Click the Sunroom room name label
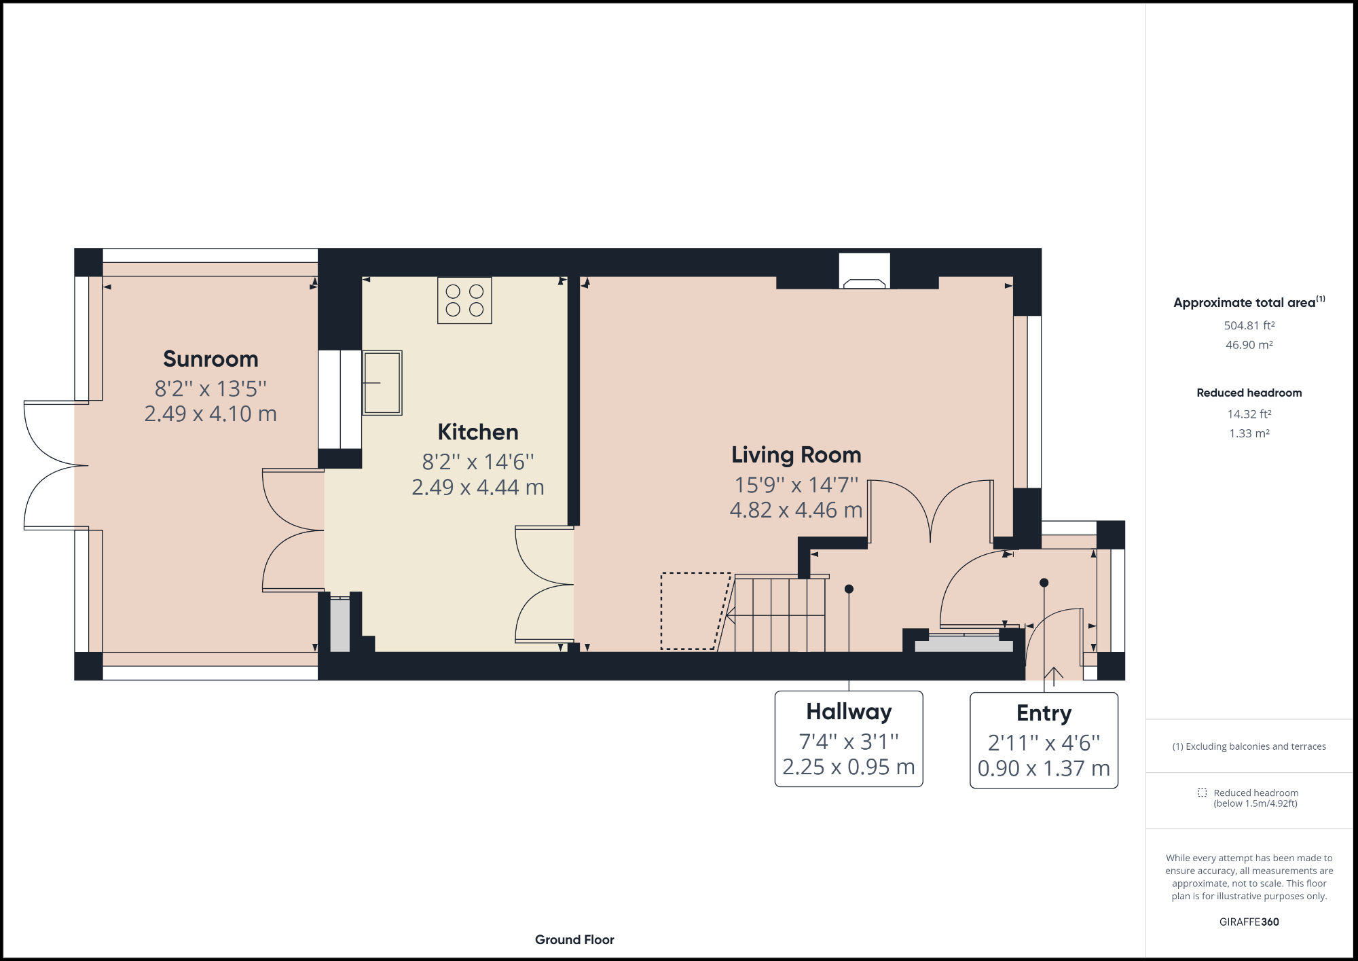click(x=210, y=359)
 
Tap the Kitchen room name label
click(x=478, y=432)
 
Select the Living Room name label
click(x=796, y=454)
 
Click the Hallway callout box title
click(x=849, y=711)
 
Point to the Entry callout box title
click(x=1044, y=712)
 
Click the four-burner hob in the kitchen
click(x=464, y=300)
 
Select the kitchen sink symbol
click(x=382, y=382)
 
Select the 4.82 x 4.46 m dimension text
click(x=796, y=510)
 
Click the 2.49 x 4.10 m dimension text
click(x=210, y=414)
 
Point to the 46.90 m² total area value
click(x=1249, y=344)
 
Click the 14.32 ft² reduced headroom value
click(x=1249, y=414)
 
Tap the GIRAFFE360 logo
click(x=1249, y=922)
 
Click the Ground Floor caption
click(x=574, y=939)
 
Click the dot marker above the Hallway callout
click(x=849, y=589)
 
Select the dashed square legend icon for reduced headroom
click(x=1202, y=793)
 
